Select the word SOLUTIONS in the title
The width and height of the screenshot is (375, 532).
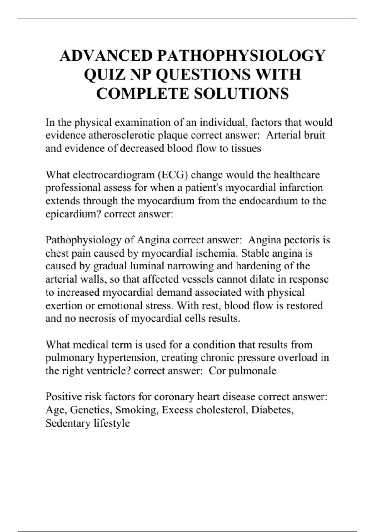tap(242, 94)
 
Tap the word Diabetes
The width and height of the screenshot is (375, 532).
tap(272, 410)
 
